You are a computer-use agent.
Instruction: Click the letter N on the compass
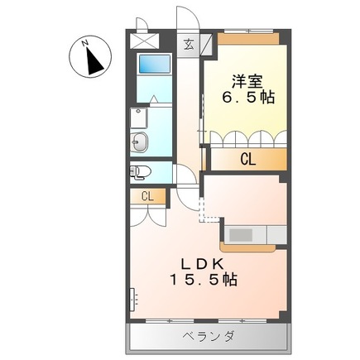[x=85, y=43]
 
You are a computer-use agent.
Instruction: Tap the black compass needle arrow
[x=94, y=62]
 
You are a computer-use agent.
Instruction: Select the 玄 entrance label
[x=189, y=45]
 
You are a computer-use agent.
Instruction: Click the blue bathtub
[x=155, y=64]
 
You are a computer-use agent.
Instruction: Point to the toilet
[x=140, y=172]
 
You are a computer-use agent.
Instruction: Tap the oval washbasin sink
[x=138, y=142]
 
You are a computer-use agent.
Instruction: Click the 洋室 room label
[x=247, y=81]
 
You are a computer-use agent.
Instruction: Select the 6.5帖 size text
[x=248, y=98]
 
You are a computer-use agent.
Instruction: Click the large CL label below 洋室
[x=248, y=160]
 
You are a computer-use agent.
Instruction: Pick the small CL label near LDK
[x=147, y=196]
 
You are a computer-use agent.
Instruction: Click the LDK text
[x=203, y=265]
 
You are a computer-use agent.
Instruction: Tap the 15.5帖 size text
[x=204, y=280]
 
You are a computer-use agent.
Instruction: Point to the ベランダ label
[x=209, y=336]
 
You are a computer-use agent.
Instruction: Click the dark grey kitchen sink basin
[x=241, y=235]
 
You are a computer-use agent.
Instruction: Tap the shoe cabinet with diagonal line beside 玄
[x=206, y=43]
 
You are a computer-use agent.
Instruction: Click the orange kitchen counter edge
[x=247, y=247]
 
